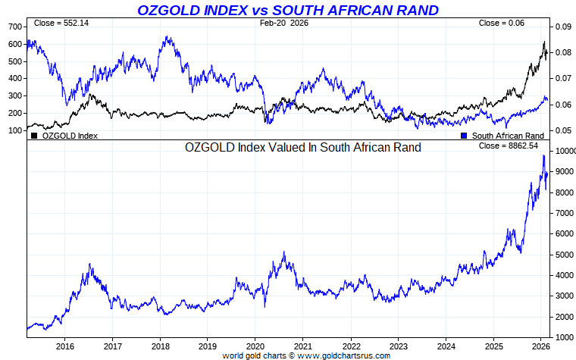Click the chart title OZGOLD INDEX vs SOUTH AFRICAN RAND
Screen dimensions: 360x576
288,10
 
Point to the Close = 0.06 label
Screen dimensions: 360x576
501,23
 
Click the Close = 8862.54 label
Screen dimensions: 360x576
508,145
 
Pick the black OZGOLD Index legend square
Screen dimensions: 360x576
34,136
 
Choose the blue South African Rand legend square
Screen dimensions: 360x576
463,136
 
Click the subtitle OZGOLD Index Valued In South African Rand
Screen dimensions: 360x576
303,147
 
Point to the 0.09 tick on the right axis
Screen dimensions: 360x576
562,27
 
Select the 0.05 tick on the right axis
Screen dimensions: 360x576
562,130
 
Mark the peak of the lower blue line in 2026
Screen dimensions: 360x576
543,155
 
